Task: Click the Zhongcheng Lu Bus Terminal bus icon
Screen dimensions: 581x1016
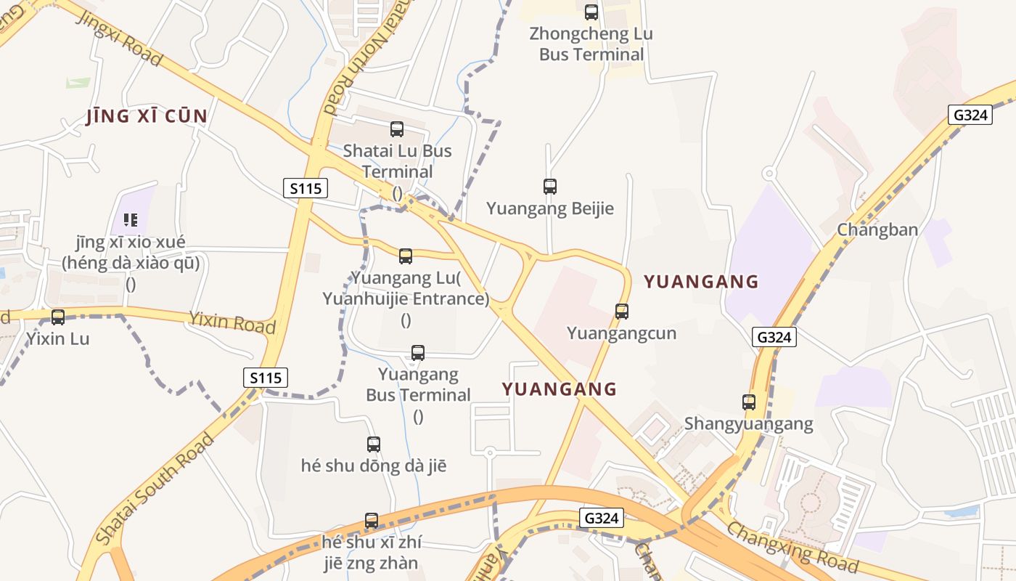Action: coord(591,12)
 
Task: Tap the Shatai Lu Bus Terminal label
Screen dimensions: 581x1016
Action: coord(397,161)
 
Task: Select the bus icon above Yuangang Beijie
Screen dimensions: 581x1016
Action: coord(550,187)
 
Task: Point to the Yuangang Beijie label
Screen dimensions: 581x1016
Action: coord(550,209)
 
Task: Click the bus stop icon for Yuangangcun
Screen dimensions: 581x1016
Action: coord(622,312)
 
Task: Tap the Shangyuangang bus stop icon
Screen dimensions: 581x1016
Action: coord(749,402)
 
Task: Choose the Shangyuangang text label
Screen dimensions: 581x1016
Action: coord(749,423)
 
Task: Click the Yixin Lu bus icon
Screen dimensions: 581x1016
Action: coord(58,317)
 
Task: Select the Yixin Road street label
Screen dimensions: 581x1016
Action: coord(232,322)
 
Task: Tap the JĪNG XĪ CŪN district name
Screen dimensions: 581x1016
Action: coord(147,116)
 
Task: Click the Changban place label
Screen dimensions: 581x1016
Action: coord(877,229)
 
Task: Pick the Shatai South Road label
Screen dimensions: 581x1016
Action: coord(155,489)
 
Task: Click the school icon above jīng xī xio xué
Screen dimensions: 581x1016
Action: coord(131,219)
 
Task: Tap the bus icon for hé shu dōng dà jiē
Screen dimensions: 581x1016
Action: coord(374,444)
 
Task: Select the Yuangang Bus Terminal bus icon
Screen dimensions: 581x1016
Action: coord(418,353)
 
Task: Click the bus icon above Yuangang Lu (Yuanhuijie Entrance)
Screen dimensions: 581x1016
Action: coord(406,256)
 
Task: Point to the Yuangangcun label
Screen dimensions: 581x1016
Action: coord(621,333)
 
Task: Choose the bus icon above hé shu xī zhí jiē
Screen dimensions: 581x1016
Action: coord(372,520)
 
